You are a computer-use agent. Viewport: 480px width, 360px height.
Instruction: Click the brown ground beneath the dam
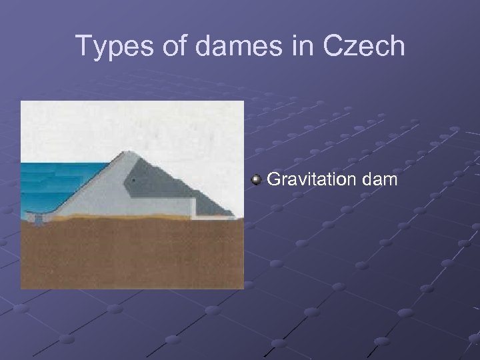pyautogui.click(x=127, y=253)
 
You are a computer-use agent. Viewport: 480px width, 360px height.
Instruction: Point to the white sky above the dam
pyautogui.click(x=133, y=123)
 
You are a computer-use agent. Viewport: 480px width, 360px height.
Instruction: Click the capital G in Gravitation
pyautogui.click(x=273, y=179)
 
